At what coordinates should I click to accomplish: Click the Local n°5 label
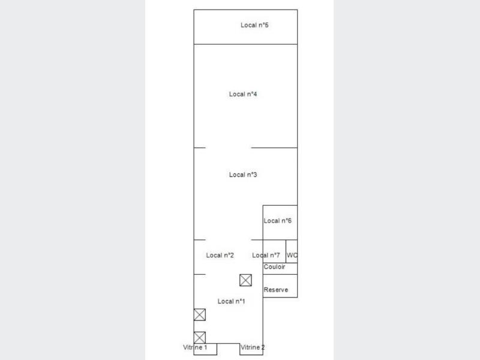pyautogui.click(x=254, y=25)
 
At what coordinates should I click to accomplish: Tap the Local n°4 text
pyautogui.click(x=243, y=94)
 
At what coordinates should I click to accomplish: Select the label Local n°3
pyautogui.click(x=243, y=175)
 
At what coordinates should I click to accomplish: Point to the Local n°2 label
pyautogui.click(x=220, y=255)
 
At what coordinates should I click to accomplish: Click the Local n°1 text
pyautogui.click(x=232, y=301)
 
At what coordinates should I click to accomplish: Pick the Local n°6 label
pyautogui.click(x=278, y=221)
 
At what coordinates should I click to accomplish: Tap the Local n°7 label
pyautogui.click(x=266, y=255)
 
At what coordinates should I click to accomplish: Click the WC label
pyautogui.click(x=292, y=255)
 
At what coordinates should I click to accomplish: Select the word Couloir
pyautogui.click(x=274, y=266)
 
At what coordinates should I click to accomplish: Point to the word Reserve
pyautogui.click(x=276, y=290)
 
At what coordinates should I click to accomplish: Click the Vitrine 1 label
pyautogui.click(x=195, y=347)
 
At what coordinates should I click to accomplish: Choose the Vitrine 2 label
pyautogui.click(x=253, y=347)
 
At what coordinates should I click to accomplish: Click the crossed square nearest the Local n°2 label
pyautogui.click(x=245, y=280)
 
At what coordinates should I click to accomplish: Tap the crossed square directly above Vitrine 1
pyautogui.click(x=200, y=338)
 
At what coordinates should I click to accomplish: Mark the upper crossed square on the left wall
pyautogui.click(x=200, y=314)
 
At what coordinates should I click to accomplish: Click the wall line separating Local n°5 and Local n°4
pyautogui.click(x=245, y=44)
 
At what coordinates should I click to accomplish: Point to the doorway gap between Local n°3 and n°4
pyautogui.click(x=229, y=148)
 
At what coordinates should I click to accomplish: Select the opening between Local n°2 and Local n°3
pyautogui.click(x=229, y=239)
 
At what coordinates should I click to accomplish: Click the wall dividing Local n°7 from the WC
pyautogui.click(x=286, y=251)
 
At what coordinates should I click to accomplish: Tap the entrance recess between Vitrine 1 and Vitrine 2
pyautogui.click(x=229, y=344)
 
